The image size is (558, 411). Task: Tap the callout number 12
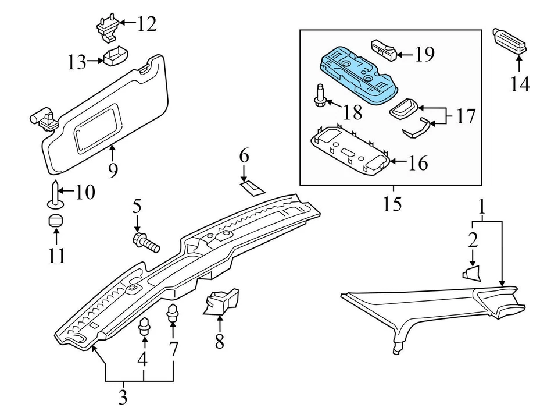[x=146, y=24]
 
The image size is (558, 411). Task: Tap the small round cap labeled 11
[x=55, y=222]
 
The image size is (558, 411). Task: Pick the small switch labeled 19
[x=384, y=50]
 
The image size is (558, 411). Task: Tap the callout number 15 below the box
[x=392, y=204]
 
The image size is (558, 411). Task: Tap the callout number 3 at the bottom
[x=123, y=398]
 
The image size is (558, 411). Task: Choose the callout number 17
[x=465, y=116]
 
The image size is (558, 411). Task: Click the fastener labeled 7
[x=173, y=314]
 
